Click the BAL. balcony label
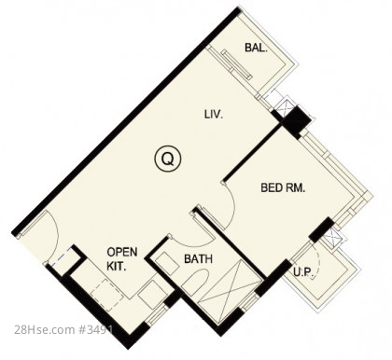pyautogui.click(x=256, y=48)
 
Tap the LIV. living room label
pyautogui.click(x=214, y=115)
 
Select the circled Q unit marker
pyautogui.click(x=168, y=159)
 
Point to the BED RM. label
pyautogui.click(x=283, y=187)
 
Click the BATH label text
pyautogui.click(x=199, y=258)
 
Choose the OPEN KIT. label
pyautogui.click(x=122, y=259)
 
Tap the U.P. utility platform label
pyautogui.click(x=303, y=272)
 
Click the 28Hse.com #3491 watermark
pyautogui.click(x=63, y=330)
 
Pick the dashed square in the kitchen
pyautogui.click(x=107, y=295)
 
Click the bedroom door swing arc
pyautogui.click(x=231, y=208)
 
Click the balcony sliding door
pyautogui.click(x=236, y=65)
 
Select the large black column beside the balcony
pyautogui.click(x=296, y=121)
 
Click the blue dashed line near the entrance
pyautogui.click(x=60, y=257)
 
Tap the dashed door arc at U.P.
pyautogui.click(x=316, y=259)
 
